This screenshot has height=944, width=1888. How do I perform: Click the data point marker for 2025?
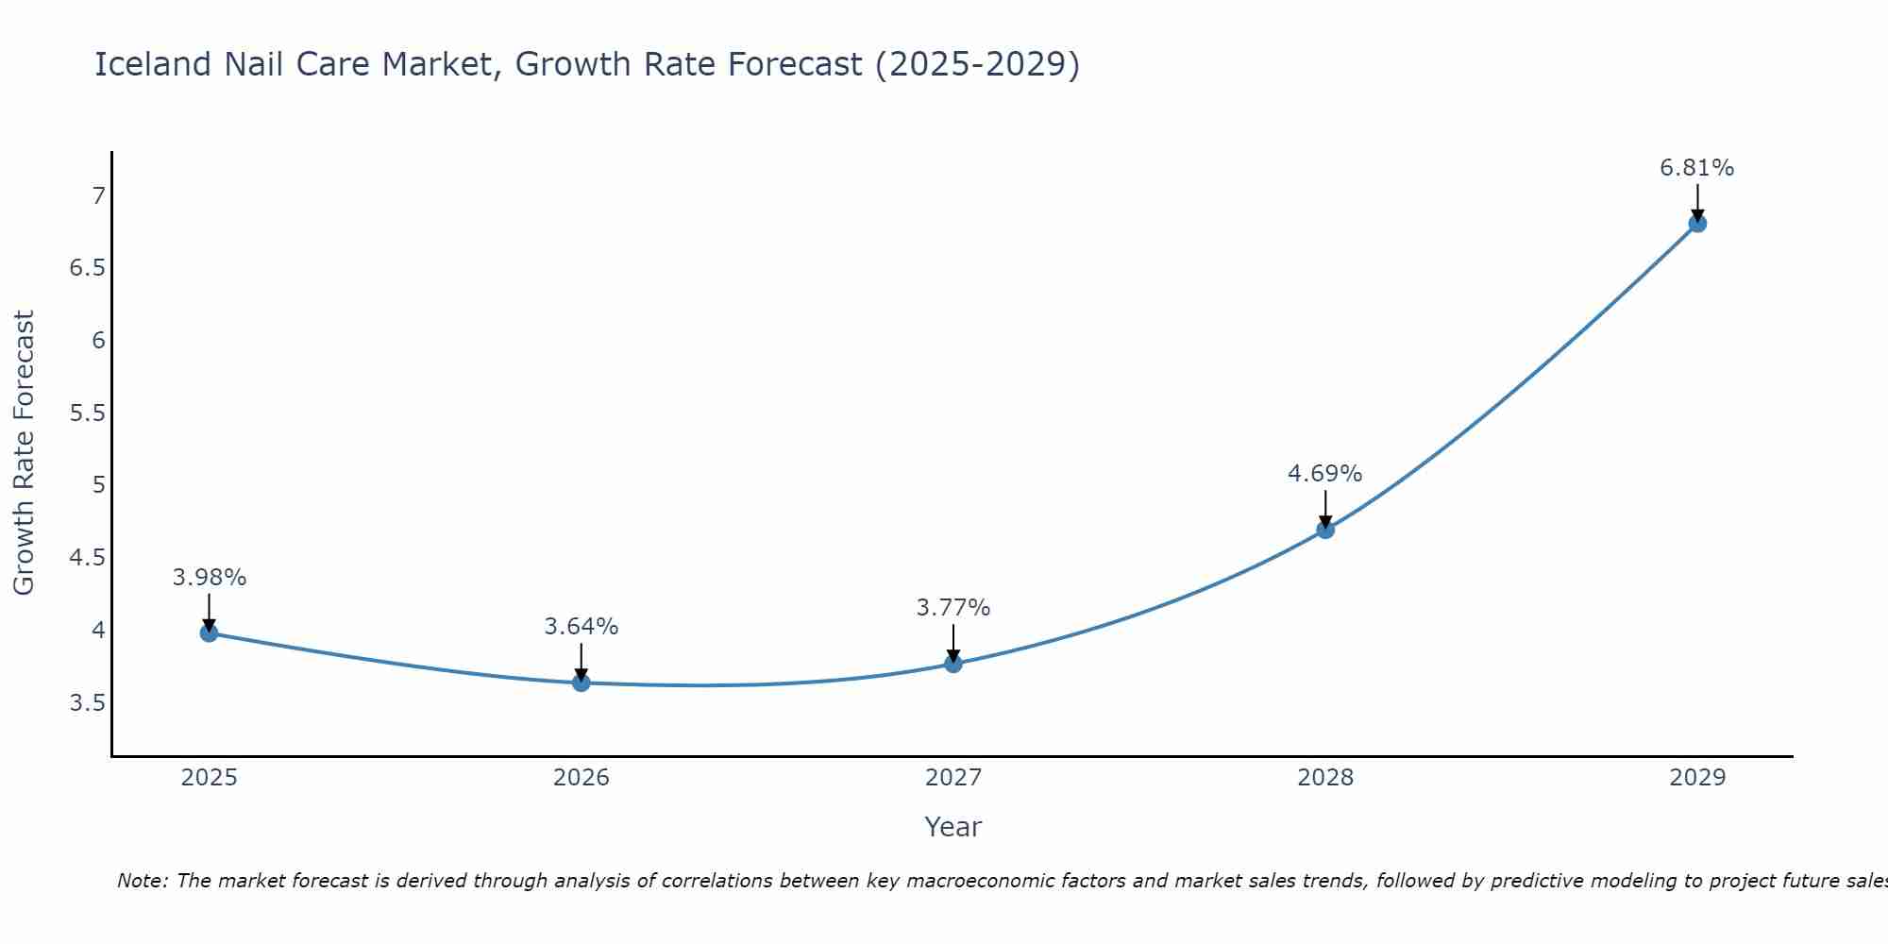(x=210, y=632)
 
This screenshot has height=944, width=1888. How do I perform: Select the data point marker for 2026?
(x=582, y=683)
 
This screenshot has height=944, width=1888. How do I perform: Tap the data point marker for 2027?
(x=953, y=664)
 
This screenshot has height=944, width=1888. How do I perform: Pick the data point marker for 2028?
(x=1325, y=530)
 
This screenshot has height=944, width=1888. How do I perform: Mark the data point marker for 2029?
(x=1697, y=224)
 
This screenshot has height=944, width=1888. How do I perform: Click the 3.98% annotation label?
(x=210, y=577)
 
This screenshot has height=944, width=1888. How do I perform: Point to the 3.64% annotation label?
(x=582, y=626)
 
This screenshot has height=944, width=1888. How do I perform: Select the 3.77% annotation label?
(x=953, y=607)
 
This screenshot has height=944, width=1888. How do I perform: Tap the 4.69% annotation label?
(x=1325, y=473)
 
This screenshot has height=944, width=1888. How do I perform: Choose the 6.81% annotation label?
(x=1697, y=167)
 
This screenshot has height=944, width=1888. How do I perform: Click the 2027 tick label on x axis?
(x=953, y=778)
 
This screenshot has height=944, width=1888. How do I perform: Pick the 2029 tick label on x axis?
(x=1697, y=778)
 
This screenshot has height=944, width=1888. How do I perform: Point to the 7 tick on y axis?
(x=98, y=195)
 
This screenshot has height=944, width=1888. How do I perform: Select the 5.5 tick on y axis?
(x=87, y=413)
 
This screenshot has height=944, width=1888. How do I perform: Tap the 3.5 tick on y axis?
(x=87, y=702)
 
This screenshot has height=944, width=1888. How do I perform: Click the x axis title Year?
(x=953, y=827)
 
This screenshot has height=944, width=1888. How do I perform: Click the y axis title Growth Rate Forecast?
(x=24, y=453)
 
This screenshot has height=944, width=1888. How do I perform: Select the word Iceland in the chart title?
(x=153, y=64)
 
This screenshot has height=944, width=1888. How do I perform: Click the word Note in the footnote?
(x=142, y=881)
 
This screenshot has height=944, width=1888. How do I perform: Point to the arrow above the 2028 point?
(x=1325, y=508)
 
